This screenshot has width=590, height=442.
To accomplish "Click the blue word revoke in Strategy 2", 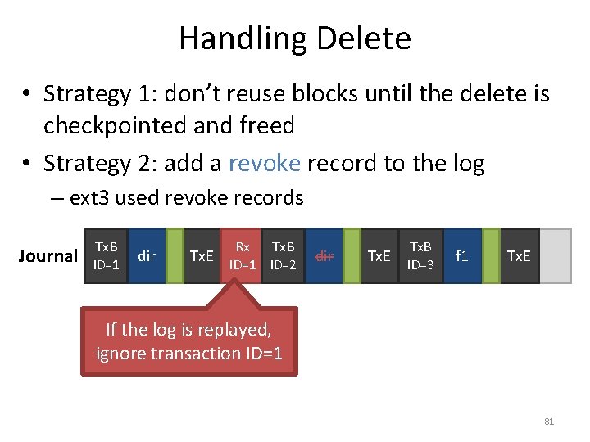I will (265, 164).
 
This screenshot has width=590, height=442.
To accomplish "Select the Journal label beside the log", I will (48, 256).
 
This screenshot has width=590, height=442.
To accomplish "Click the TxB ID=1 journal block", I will (107, 255).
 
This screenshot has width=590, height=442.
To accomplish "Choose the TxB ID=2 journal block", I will (284, 255).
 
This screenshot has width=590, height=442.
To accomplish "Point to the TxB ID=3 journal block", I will (421, 255).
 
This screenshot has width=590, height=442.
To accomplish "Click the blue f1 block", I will (462, 255).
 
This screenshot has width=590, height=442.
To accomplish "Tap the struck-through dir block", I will (324, 255).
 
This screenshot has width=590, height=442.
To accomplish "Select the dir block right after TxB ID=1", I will (147, 255).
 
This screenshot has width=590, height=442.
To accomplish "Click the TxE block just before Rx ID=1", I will (202, 255).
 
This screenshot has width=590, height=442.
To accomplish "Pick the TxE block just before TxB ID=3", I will (379, 255).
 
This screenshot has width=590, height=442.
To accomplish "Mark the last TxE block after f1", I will (518, 255).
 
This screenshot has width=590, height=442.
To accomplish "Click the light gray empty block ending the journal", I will (555, 255).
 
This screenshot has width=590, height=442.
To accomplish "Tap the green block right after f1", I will (491, 255).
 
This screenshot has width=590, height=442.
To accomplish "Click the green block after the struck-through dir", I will (352, 255).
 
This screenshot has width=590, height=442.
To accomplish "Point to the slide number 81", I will (549, 422).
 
